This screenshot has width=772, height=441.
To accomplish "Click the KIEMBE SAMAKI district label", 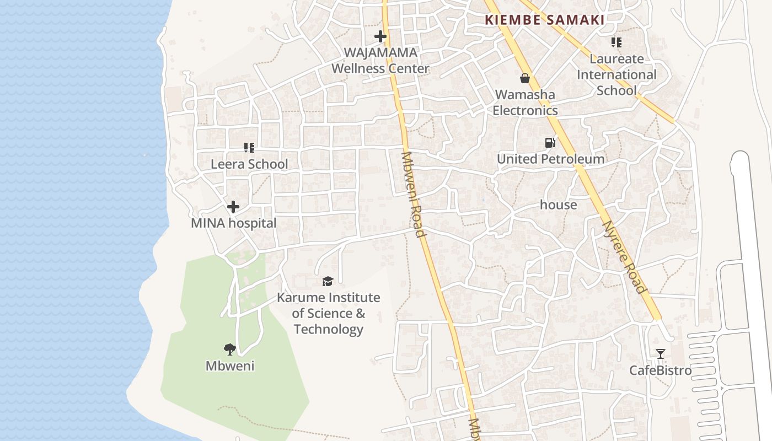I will [544, 20].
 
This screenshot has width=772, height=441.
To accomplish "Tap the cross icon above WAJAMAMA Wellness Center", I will [380, 37].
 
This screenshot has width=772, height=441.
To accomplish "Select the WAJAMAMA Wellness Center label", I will [380, 61].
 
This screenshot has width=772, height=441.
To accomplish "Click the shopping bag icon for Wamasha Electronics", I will [525, 78].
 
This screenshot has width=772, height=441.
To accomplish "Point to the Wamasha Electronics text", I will [525, 103].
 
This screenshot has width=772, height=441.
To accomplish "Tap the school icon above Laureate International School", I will [616, 42].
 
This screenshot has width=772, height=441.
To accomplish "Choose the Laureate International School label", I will [616, 74].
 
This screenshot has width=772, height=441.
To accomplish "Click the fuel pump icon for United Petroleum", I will [550, 143].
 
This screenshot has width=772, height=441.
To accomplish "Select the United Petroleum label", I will [550, 159].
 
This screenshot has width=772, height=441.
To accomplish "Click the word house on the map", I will [558, 205].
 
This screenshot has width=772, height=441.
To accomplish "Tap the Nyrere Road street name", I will [623, 257].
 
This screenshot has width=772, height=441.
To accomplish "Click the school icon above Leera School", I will [249, 148].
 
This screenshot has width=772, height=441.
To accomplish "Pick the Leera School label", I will [249, 164].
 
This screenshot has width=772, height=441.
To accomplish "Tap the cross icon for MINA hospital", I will [233, 207].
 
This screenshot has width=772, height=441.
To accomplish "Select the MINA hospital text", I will [233, 223].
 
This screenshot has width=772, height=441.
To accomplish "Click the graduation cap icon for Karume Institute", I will [328, 282].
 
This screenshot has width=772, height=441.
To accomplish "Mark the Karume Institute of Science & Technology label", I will [328, 313].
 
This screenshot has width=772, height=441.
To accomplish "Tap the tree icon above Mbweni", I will [230, 349].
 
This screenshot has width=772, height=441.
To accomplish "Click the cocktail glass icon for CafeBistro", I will [660, 354].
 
